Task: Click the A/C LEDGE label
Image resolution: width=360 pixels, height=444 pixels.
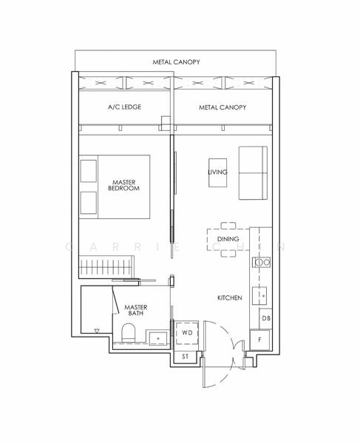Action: [123, 107]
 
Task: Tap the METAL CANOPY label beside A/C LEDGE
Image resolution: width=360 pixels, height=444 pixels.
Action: [223, 107]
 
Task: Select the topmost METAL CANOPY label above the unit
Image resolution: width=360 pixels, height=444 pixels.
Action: [176, 62]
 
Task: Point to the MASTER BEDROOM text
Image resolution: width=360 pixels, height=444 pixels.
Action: [123, 185]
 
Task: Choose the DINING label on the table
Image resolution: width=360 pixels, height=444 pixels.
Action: [228, 239]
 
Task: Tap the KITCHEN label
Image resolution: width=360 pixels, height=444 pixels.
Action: [229, 297]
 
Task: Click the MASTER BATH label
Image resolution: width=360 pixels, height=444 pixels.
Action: [135, 310]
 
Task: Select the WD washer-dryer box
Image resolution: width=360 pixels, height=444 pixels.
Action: [187, 334]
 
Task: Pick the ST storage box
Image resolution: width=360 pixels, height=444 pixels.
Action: [186, 357]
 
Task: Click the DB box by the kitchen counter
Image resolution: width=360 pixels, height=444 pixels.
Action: [265, 318]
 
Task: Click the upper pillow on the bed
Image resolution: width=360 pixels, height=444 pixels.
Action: [89, 171]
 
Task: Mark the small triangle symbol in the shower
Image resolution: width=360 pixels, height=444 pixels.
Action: [96, 331]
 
